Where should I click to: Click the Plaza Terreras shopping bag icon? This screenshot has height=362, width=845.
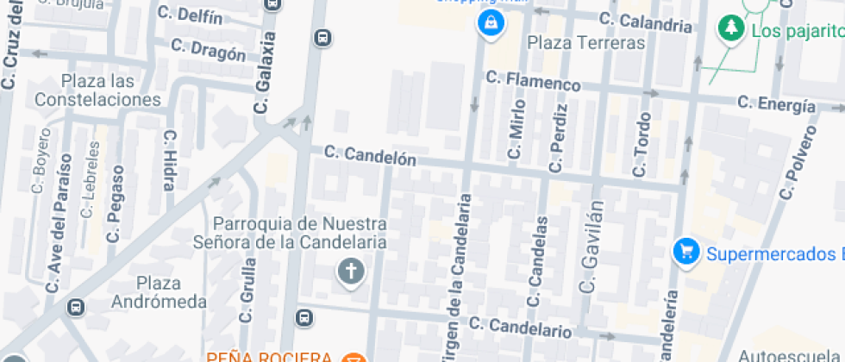click(490, 23)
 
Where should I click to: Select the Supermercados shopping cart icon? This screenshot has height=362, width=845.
click(686, 253)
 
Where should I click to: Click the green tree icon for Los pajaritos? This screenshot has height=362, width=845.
click(731, 29)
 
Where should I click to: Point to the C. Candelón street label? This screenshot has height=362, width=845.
click(370, 156)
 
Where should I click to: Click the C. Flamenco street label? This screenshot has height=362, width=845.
click(533, 81)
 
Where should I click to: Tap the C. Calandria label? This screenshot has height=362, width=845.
click(646, 22)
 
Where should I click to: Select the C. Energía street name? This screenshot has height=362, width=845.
click(776, 104)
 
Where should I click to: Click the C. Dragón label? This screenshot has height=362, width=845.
click(209, 50)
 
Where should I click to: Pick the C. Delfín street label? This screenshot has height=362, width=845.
click(191, 16)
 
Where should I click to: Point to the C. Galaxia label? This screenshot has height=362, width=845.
click(266, 73)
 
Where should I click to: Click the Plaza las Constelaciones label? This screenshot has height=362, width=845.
click(98, 90)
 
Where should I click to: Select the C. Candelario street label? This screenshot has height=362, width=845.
click(521, 327)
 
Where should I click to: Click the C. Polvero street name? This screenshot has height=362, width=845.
click(798, 163)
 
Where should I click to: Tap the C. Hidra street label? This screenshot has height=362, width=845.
click(168, 160)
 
